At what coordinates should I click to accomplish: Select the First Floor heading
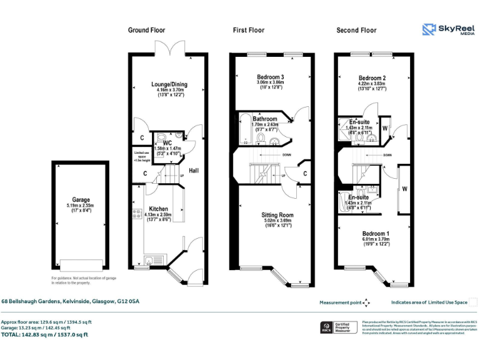tap(248, 30)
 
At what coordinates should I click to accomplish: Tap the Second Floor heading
tap(356, 30)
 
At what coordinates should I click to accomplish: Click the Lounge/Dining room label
tap(169, 84)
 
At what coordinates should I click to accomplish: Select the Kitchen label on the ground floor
tap(157, 209)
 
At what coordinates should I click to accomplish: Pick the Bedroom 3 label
tap(271, 76)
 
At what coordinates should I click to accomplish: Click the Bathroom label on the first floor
tap(265, 119)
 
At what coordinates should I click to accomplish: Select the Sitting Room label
tap(277, 215)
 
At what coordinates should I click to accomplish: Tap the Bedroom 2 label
tap(371, 77)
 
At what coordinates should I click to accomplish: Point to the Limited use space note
tap(142, 156)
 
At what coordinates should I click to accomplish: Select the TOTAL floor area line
tap(44, 334)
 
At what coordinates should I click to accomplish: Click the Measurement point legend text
tap(340, 302)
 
